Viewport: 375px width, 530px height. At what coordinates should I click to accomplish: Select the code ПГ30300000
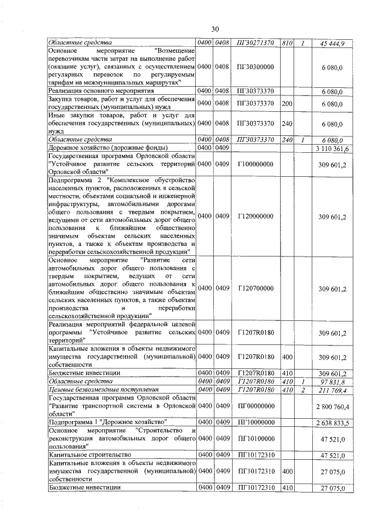click(x=256, y=67)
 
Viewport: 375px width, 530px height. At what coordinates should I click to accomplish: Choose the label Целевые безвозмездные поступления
click(x=99, y=390)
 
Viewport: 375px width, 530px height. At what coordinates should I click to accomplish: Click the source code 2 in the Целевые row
click(x=303, y=390)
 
